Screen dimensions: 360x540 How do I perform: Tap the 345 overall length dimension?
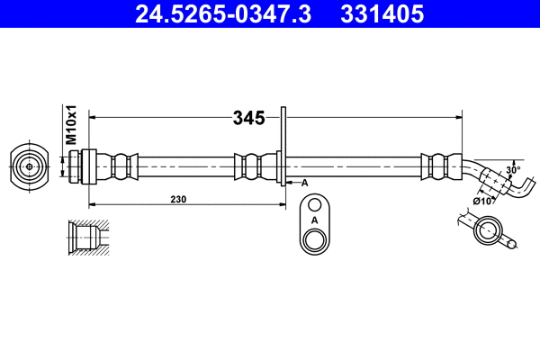[247, 117]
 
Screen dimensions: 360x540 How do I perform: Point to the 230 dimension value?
[178, 200]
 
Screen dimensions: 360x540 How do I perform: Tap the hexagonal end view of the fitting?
[31, 166]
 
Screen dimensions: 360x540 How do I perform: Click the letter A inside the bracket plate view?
[314, 220]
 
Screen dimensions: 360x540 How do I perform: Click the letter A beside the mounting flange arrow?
[304, 183]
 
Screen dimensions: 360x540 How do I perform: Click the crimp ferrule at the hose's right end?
[437, 166]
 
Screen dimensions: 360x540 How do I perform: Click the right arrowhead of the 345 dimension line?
[459, 117]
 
